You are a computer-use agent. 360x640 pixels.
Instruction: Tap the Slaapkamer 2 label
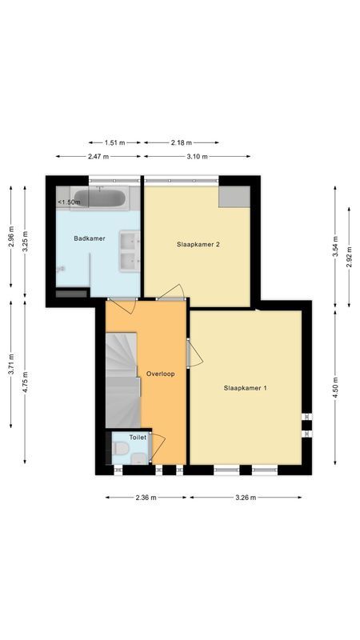point(198,245)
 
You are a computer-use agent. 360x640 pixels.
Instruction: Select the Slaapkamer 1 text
point(246,388)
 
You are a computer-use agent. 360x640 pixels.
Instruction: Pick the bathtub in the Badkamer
point(99,198)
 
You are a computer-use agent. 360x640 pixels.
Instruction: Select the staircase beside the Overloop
point(122,380)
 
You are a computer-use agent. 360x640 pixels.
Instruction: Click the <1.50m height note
point(69,202)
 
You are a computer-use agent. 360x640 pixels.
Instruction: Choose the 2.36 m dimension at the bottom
point(146,498)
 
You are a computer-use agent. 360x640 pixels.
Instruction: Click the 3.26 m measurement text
point(246,498)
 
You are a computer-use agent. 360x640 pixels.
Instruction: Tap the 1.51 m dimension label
point(115,142)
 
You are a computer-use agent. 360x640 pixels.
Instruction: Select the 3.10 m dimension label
point(195,157)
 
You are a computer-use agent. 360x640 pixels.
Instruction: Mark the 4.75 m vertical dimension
point(26,383)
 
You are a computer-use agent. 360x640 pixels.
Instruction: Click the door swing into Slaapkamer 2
point(173,291)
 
